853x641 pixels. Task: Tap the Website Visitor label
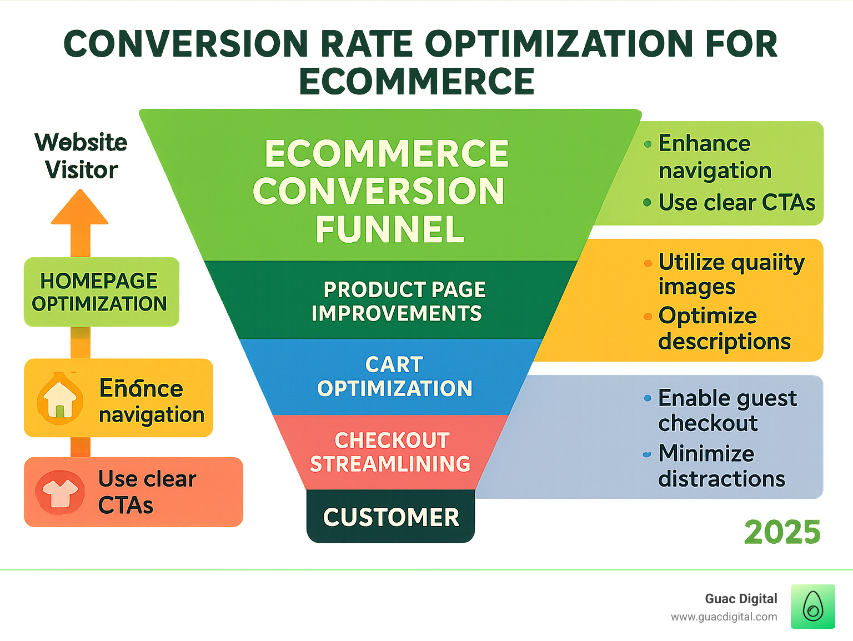pyautogui.click(x=81, y=156)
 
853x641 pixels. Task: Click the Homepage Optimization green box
pyautogui.click(x=101, y=292)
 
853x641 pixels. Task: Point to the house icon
pyautogui.click(x=60, y=399)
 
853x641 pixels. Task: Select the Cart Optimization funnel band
pyautogui.click(x=394, y=377)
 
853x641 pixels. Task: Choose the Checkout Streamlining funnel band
pyautogui.click(x=390, y=452)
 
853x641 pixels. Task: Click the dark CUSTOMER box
pyautogui.click(x=391, y=517)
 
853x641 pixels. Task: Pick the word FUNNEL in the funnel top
pyautogui.click(x=390, y=229)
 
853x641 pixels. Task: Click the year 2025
pyautogui.click(x=782, y=532)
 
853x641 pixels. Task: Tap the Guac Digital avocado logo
pyautogui.click(x=812, y=607)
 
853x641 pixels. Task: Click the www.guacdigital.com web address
pyautogui.click(x=724, y=617)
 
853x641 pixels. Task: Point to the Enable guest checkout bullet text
pyautogui.click(x=726, y=410)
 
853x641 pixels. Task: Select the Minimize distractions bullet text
pyautogui.click(x=721, y=466)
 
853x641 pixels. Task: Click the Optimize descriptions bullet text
pyautogui.click(x=724, y=328)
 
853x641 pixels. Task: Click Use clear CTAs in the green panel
pyautogui.click(x=736, y=203)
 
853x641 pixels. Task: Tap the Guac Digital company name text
pyautogui.click(x=741, y=599)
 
